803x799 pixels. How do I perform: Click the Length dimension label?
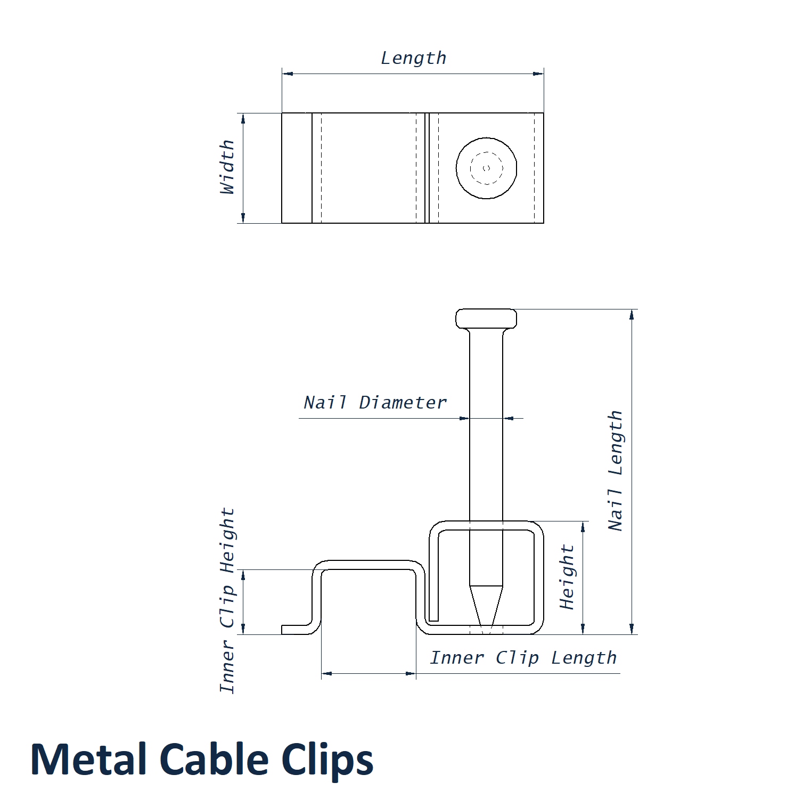[414, 58]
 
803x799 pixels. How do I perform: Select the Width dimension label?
[227, 167]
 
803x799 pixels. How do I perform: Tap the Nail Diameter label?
[375, 403]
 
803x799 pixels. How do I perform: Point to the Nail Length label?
[616, 470]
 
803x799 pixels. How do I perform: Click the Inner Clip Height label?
[227, 600]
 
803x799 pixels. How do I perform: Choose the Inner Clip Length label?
[523, 658]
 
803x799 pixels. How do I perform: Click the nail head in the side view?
[486, 319]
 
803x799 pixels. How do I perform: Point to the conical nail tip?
[486, 607]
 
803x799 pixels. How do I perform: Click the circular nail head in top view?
[486, 168]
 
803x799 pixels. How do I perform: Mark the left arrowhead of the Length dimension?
[288, 74]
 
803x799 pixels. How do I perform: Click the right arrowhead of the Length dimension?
[538, 74]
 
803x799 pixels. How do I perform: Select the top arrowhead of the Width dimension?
[243, 119]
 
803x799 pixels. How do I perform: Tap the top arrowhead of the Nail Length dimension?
[632, 314]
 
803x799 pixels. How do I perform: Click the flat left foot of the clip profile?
[296, 630]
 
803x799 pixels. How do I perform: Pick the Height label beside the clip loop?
[567, 577]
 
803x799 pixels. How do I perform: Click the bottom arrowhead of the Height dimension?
[583, 629]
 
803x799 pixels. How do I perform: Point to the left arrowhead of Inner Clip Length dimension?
[327, 673]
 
